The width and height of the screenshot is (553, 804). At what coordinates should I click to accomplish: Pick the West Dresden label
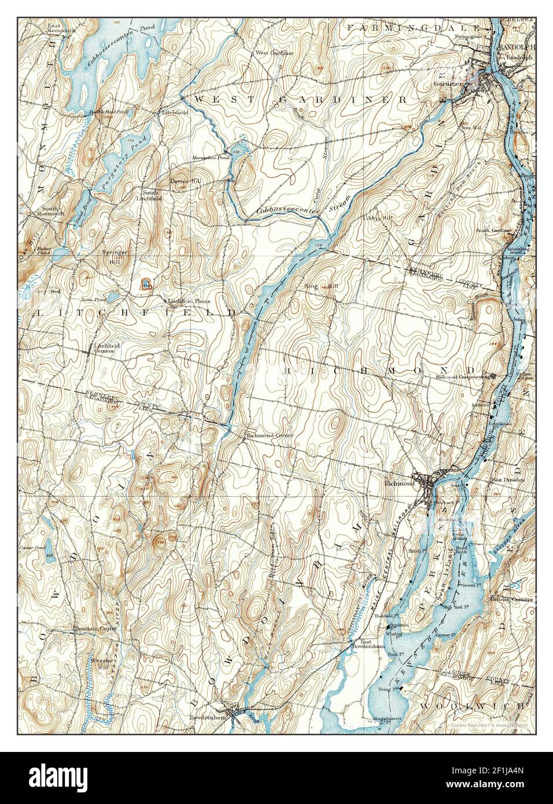507,480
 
